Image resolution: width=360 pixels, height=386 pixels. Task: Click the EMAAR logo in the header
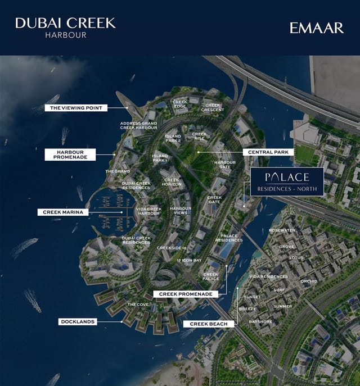pos(316,28)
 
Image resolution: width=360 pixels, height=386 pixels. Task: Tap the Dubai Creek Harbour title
pos(65,26)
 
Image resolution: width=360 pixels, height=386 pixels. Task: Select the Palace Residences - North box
pos(287,181)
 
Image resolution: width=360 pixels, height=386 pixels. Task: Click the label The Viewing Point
pos(76,107)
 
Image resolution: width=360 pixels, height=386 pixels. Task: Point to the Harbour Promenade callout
pos(70,155)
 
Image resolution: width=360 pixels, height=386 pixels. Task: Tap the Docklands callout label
pos(77,321)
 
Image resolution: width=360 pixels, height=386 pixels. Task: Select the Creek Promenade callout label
pos(185,294)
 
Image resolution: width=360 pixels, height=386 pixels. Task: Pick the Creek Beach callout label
pos(208,324)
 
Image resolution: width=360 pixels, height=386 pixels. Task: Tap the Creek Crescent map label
pos(213,107)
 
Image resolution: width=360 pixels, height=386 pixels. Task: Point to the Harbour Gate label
pos(224,164)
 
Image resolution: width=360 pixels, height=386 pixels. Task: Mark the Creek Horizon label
pos(172,182)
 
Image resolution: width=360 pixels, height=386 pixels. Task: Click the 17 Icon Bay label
pos(189,260)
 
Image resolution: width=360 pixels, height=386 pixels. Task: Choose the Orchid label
pos(309,281)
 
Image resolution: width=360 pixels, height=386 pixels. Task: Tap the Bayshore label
pos(260,321)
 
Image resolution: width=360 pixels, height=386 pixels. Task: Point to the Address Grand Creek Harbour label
pos(138,125)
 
